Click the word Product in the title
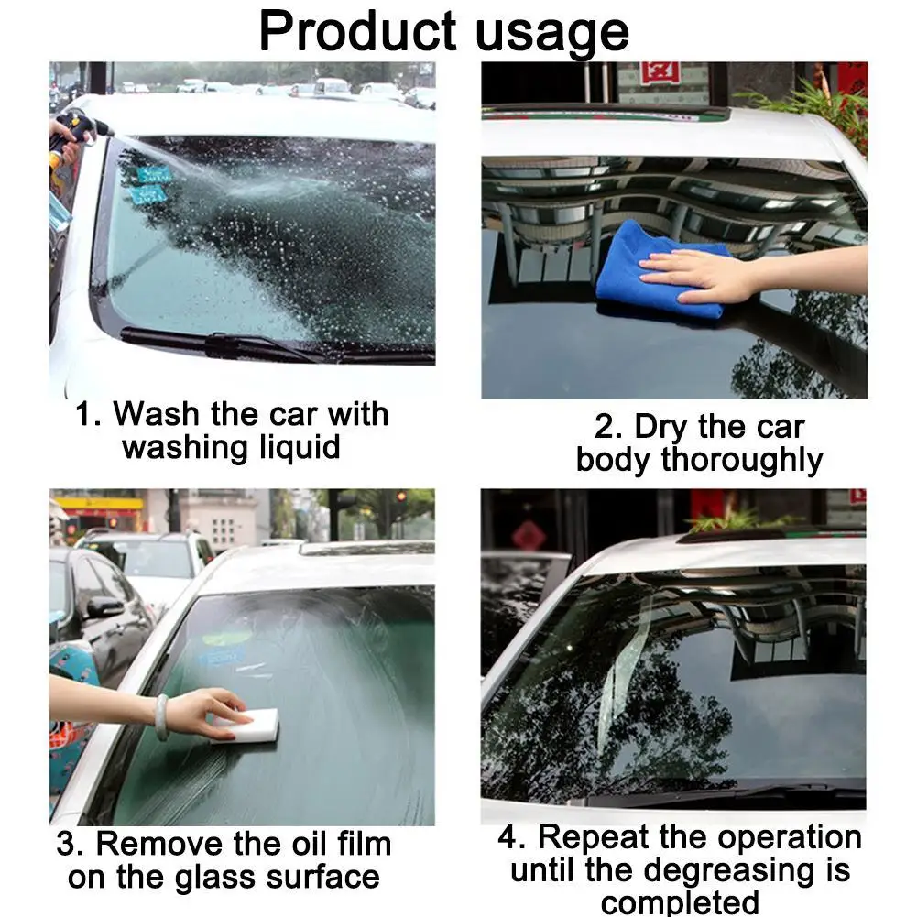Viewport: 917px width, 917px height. point(357,31)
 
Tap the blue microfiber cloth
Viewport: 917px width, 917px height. point(660,270)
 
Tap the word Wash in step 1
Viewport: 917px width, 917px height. point(156,413)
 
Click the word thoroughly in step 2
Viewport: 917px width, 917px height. point(741,461)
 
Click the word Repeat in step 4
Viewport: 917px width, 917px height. point(593,837)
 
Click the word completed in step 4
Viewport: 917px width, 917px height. point(680,903)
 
